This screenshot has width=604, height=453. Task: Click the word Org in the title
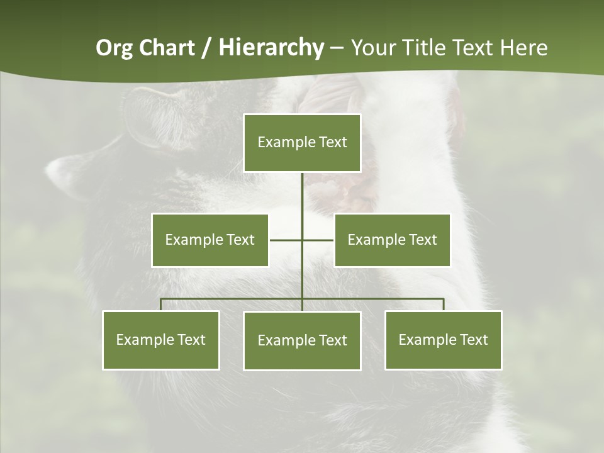113,48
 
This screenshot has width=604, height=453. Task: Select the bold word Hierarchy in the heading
271,48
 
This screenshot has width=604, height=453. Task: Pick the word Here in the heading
523,48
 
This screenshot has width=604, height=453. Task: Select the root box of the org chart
302,143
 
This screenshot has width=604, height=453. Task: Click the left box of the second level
210,240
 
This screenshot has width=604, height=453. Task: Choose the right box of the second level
392,240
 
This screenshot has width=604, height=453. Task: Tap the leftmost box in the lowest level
161,340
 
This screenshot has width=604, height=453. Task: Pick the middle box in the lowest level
302,340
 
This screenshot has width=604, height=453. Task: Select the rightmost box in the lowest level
444,340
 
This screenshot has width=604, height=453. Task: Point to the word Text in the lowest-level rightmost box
474,340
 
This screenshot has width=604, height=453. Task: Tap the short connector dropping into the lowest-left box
161,305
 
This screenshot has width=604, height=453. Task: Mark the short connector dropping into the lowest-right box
444,305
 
